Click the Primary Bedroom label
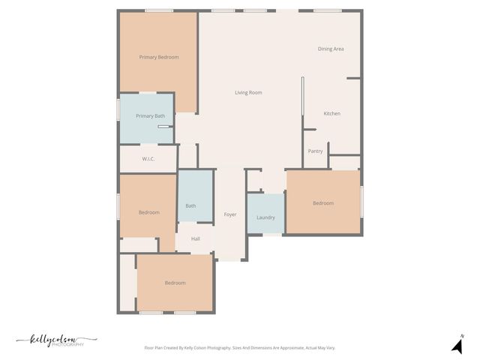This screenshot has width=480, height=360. tap(159, 57)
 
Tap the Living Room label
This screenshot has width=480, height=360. tap(248, 93)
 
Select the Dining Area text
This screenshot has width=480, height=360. tap(331, 49)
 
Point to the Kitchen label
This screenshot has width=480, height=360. tap(331, 114)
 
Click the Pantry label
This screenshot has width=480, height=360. tap(315, 151)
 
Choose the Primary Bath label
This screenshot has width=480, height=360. tap(150, 116)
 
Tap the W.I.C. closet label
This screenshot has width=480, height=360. tap(148, 159)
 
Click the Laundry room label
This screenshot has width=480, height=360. tap(265, 218)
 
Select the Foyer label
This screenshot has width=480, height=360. tap(230, 215)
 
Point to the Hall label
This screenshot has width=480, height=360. tap(195, 239)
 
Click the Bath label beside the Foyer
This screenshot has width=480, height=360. tap(190, 206)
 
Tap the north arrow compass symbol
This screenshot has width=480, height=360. tap(456, 345)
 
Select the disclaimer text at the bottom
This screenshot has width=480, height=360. tap(239, 348)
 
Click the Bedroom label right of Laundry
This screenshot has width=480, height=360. tap(323, 203)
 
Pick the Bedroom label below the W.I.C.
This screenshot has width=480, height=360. tap(148, 212)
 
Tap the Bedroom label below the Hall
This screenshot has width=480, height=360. tap(175, 283)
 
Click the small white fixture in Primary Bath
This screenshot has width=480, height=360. tap(163, 127)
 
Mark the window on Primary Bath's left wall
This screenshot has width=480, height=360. tap(118, 109)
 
